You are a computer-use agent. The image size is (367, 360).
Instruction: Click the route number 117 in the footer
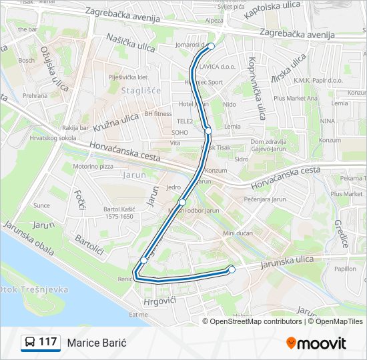pyautogui.click(x=47, y=342)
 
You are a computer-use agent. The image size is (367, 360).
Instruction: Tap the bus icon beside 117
pyautogui.click(x=30, y=343)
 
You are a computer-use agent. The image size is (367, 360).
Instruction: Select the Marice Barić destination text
pyautogui.click(x=97, y=343)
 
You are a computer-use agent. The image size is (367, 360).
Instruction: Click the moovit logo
pyautogui.click(x=316, y=343)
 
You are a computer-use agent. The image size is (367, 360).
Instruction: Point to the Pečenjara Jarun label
pyautogui.click(x=265, y=199)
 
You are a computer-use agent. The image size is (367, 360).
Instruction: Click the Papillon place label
pyautogui.click(x=345, y=269)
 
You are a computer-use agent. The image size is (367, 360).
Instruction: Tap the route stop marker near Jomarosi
pyautogui.click(x=212, y=46)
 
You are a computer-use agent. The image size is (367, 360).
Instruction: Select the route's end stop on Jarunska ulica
pyautogui.click(x=232, y=269)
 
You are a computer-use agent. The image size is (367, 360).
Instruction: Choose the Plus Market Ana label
pyautogui.click(x=295, y=98)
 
